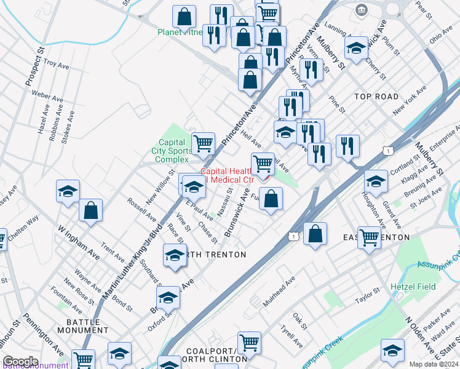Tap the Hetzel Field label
tap(413, 287)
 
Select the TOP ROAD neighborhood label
tap(376, 97)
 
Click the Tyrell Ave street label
tap(288, 336)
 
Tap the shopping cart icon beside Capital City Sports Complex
tap(203, 144)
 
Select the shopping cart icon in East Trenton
tap(369, 237)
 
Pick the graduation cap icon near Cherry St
tap(356, 48)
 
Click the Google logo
tap(20, 362)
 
